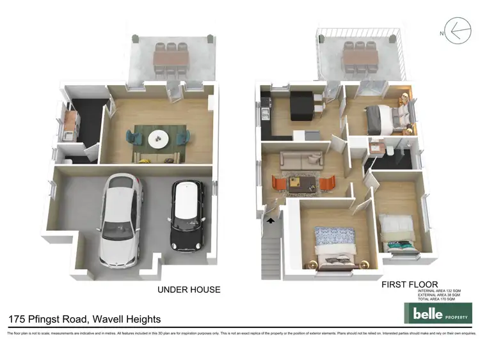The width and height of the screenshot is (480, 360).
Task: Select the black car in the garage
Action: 187,214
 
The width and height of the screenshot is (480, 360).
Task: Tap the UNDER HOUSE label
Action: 189,290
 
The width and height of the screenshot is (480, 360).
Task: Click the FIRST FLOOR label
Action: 410,284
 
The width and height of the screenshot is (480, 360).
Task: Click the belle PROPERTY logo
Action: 438,313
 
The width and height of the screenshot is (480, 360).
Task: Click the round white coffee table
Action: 159,138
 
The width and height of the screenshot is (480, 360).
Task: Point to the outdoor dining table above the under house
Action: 170,58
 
